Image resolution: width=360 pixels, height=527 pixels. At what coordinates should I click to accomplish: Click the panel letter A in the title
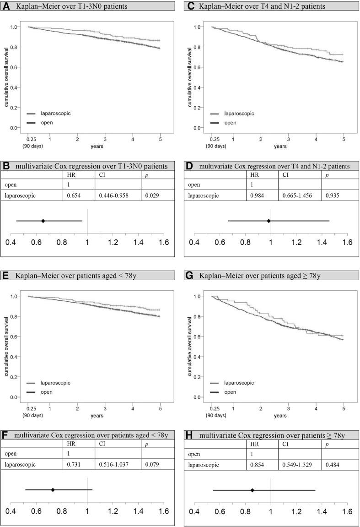coord(7,6)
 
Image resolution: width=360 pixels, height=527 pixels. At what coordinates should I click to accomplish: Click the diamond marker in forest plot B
coord(43,221)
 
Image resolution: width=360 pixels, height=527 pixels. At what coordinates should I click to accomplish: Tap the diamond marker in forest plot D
coord(269,221)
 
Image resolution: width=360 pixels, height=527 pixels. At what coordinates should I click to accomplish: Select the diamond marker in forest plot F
coord(53,490)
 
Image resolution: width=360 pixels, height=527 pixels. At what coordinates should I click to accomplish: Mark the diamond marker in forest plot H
coord(253,490)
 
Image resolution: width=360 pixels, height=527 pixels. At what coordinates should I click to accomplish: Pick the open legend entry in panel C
coord(231,122)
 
